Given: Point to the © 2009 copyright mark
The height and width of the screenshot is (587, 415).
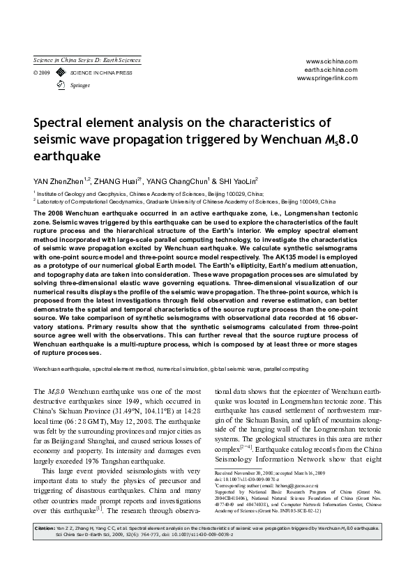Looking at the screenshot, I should point(41,73).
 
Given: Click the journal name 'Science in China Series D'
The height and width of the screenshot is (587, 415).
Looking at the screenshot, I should point(87,61).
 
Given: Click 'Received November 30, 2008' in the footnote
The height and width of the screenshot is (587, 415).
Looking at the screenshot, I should point(248,473).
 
